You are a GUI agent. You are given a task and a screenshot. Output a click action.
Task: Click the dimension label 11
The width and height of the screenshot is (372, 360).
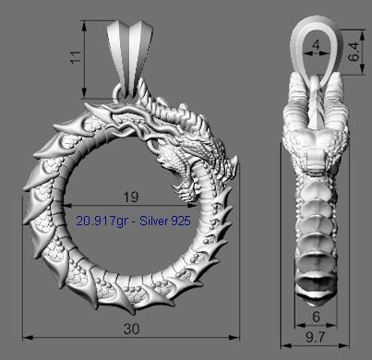tap(76, 57)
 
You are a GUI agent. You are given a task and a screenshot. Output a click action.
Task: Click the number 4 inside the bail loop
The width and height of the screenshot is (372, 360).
tap(316, 43)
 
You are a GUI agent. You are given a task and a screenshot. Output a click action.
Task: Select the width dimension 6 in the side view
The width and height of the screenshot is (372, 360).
tap(316, 316)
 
